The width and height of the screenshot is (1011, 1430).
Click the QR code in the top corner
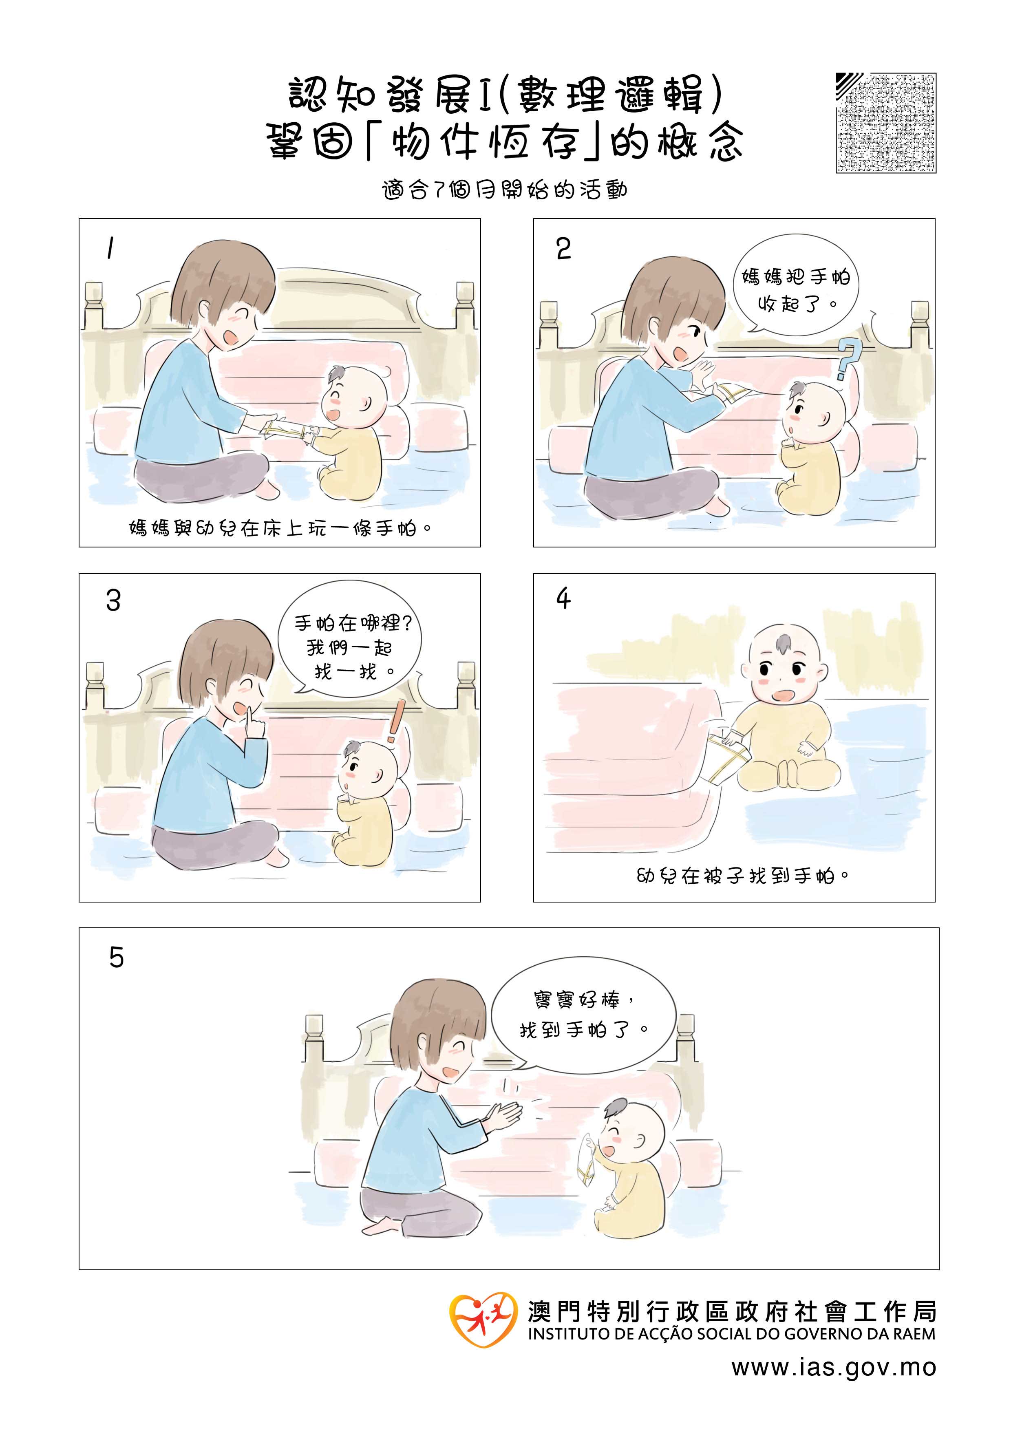pos(886,123)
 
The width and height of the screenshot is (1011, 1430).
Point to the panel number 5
pos(117,957)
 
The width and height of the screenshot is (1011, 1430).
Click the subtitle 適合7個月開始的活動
pos(505,190)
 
